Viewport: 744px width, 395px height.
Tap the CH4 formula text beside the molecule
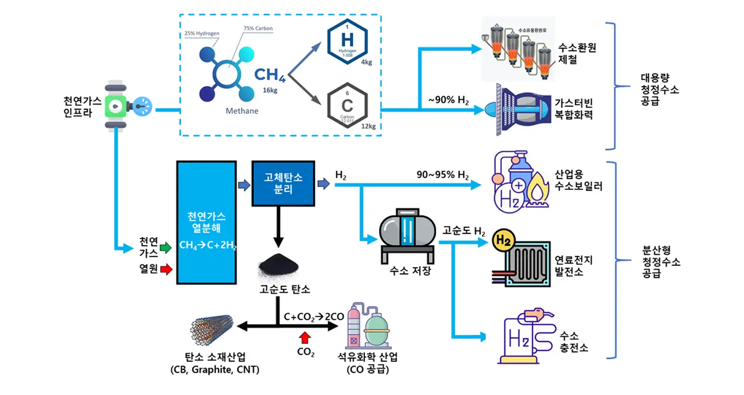tap(270, 75)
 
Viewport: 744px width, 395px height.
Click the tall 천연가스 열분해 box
tap(206, 222)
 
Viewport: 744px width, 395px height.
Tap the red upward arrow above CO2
tap(305, 337)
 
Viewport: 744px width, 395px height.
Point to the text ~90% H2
tap(448, 100)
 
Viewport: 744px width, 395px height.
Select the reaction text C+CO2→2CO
tap(314, 317)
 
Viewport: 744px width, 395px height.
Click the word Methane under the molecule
tap(242, 111)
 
